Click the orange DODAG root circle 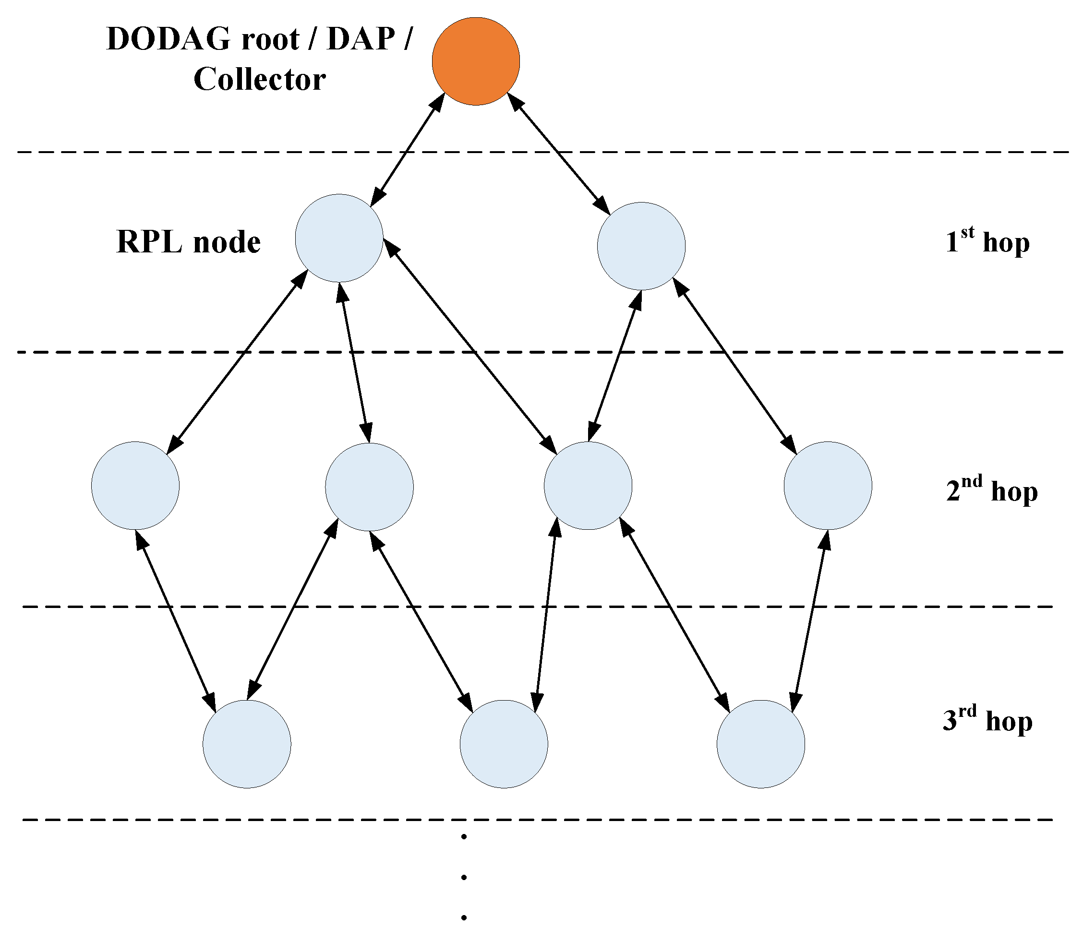(x=476, y=61)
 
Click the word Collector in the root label (x=259, y=80)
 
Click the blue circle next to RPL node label (x=339, y=238)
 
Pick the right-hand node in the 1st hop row (x=641, y=246)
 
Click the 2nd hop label (x=992, y=490)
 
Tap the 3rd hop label (x=987, y=720)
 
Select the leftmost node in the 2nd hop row (x=135, y=486)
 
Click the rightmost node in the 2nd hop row (x=828, y=486)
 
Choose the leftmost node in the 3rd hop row (x=247, y=744)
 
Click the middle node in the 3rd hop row (x=504, y=744)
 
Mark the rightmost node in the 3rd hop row (x=760, y=744)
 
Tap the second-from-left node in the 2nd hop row (x=369, y=487)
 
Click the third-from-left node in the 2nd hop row (x=588, y=486)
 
